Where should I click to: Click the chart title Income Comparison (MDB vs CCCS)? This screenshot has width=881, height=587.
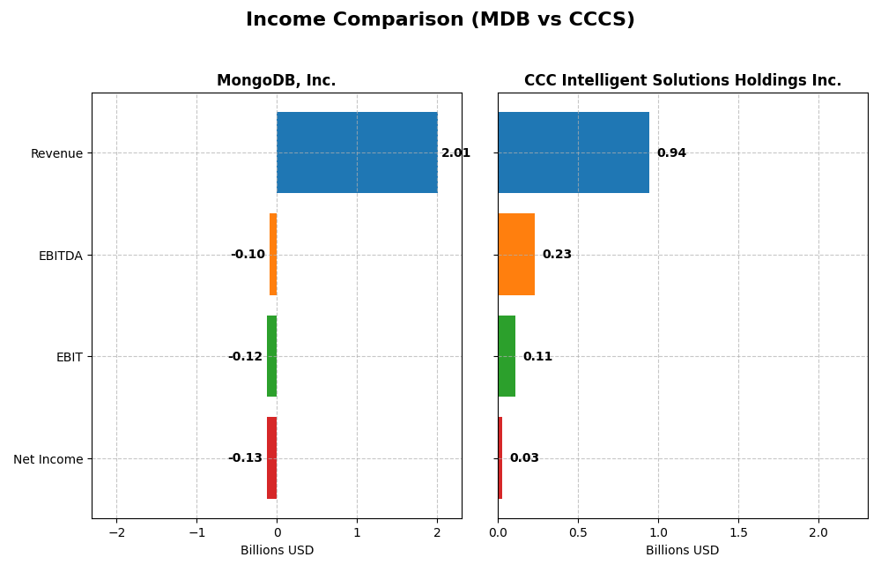coord(440,20)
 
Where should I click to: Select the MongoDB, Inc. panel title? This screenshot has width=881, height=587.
coord(276,81)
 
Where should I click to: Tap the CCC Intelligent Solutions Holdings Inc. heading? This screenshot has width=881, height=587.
coord(682,81)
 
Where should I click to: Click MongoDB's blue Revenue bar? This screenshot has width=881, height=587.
coord(357,152)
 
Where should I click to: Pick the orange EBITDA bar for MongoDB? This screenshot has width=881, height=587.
coord(273,254)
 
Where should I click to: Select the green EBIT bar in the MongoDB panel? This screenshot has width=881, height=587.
coord(272,356)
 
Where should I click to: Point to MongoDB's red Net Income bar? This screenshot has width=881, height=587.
coord(272,457)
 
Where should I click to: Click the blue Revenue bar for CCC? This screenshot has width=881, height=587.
coord(574,152)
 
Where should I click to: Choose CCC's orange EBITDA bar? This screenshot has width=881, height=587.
coord(516,254)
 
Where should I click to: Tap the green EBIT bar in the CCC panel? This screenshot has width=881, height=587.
coord(507,356)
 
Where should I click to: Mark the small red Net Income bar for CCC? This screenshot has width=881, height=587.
coord(500,457)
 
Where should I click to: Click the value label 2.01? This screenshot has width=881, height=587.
coord(455,153)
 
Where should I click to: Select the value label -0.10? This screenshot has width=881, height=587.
coord(248,255)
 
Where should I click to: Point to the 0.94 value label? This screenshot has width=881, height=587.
coord(671,153)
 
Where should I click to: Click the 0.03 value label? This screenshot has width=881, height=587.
coord(524,458)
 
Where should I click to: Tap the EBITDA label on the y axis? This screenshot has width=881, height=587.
coord(60,256)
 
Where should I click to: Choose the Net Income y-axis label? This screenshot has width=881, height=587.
coord(48,459)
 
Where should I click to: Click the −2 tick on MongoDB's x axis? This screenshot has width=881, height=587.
coord(116,533)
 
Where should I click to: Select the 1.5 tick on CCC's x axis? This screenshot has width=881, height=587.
coord(738,533)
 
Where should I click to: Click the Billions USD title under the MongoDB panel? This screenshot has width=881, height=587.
coord(277,551)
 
